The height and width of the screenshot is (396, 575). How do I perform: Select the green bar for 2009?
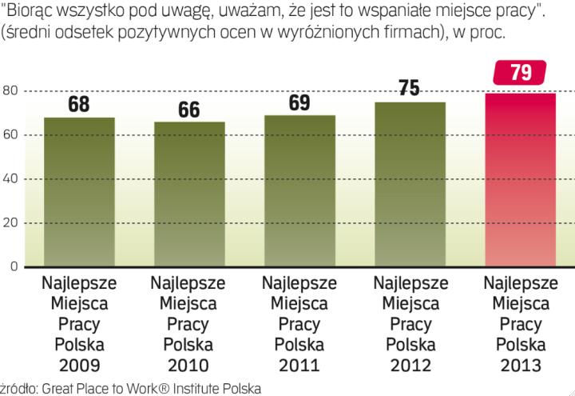(79, 192)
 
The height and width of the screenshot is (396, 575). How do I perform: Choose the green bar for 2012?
(410, 184)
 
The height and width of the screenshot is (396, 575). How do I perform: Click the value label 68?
(79, 106)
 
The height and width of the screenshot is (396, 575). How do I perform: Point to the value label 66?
(189, 110)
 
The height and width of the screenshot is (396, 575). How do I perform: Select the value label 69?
(300, 104)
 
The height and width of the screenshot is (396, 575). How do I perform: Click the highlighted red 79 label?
(521, 74)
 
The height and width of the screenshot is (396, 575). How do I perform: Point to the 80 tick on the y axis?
(10, 90)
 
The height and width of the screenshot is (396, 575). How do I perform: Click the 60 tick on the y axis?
(10, 134)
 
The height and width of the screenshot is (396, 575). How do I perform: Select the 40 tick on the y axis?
(10, 178)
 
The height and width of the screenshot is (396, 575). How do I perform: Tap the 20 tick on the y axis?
(10, 222)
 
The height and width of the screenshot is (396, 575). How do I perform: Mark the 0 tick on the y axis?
(14, 266)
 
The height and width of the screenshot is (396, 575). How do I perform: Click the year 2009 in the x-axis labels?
(79, 366)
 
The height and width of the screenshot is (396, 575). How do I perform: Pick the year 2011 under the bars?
(300, 366)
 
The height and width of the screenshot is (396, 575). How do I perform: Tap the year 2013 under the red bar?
(521, 366)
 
